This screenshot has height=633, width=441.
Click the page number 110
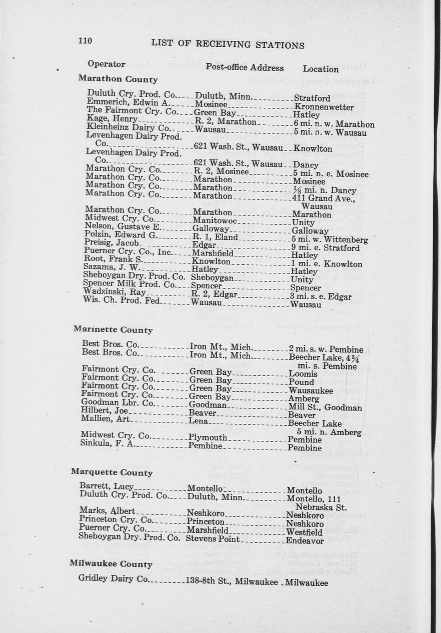pos(85,41)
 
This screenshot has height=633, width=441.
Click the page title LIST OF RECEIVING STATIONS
pos(227,44)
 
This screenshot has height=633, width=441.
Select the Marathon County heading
pos(118,79)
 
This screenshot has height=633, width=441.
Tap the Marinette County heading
pos(113,329)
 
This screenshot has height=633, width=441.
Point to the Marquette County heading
pos(112,472)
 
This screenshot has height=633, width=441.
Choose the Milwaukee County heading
pos(111,564)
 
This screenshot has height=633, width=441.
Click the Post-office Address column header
pos(244,68)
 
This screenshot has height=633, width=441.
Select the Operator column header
pos(106,64)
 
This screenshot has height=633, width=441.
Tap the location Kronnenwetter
pos(324,107)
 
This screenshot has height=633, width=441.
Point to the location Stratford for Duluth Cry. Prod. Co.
pos(312,99)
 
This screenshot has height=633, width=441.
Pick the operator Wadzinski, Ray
pos(114,292)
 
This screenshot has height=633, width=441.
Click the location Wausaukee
pos(311,391)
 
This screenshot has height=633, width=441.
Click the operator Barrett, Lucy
pos(106,486)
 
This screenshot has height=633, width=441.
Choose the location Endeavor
pos(305,541)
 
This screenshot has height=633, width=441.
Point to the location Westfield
pos(304,533)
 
